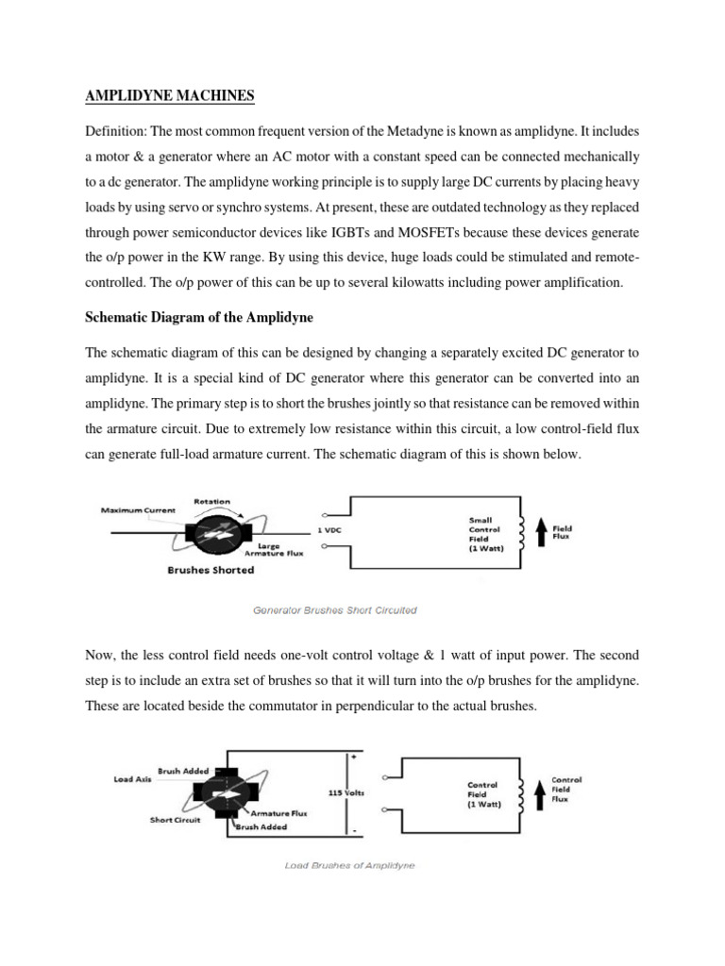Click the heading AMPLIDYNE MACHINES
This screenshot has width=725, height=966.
pos(171,96)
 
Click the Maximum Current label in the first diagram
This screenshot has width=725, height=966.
pos(138,510)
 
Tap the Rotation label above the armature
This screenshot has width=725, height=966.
pos(211,501)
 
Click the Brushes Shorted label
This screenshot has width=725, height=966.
pos(211,571)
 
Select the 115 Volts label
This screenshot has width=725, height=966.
pos(346,793)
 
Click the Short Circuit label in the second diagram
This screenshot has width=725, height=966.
pos(174,820)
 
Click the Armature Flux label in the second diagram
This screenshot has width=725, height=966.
pos(281,811)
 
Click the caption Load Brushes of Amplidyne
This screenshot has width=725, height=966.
pos(349,865)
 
